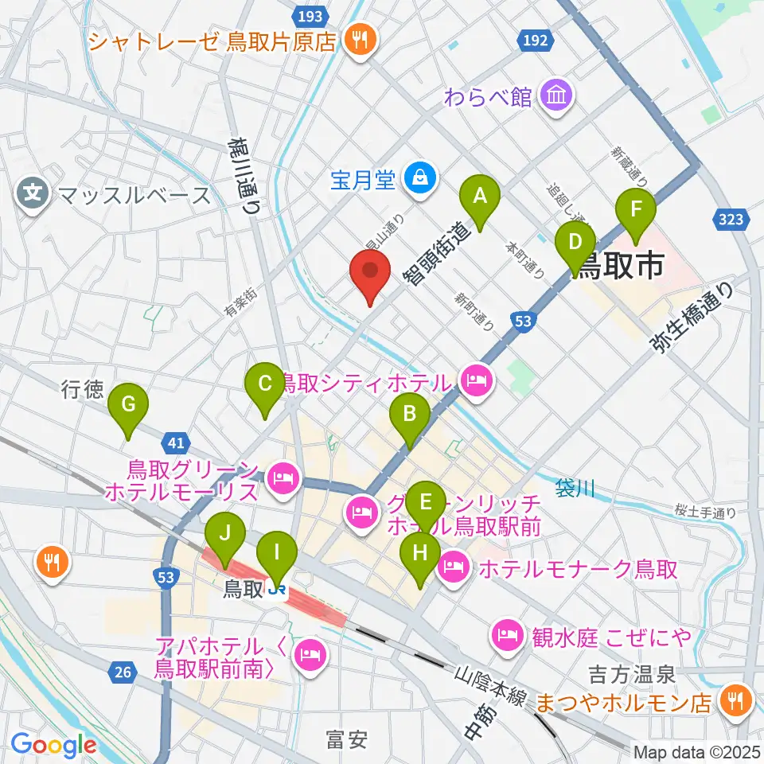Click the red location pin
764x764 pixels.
pos(371,275)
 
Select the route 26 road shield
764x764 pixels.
pos(122,673)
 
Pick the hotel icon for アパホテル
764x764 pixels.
pos(308,656)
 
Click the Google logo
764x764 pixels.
pos(53,744)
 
